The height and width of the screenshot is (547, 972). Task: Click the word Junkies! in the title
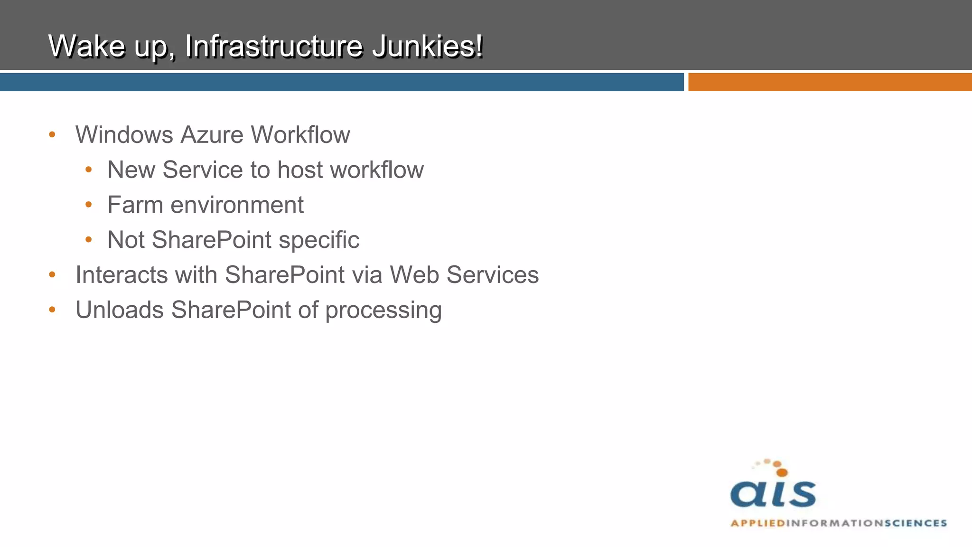(x=427, y=46)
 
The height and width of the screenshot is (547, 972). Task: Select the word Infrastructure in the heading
(x=274, y=46)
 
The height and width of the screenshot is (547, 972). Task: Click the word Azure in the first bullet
(x=212, y=135)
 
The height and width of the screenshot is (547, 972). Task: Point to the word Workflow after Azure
(x=300, y=135)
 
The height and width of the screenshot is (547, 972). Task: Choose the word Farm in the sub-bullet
(x=135, y=205)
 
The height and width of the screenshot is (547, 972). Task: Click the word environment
(x=237, y=205)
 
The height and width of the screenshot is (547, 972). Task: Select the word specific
(x=319, y=240)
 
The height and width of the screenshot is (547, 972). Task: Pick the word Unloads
(x=120, y=310)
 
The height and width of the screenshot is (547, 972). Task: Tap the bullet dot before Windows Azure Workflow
(x=52, y=135)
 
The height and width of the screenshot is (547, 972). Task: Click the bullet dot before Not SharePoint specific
(x=89, y=240)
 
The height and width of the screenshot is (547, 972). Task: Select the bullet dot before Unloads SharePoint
(x=52, y=310)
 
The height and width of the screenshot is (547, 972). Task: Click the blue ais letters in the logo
(x=773, y=494)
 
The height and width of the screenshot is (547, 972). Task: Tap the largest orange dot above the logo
(x=782, y=472)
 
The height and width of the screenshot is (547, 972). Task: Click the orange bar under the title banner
(x=830, y=82)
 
